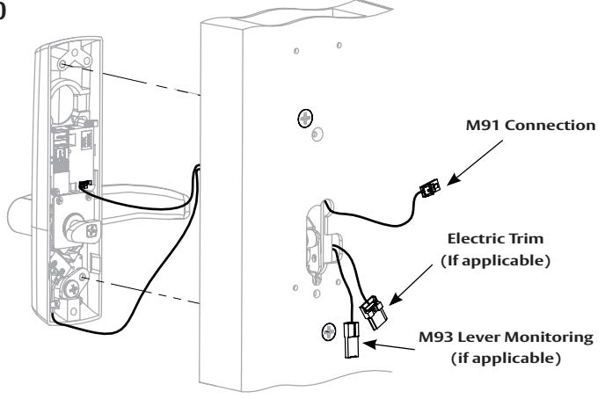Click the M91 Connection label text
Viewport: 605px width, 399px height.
pos(531,126)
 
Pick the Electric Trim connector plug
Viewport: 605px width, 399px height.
pos(373,311)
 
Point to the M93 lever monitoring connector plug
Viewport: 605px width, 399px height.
pos(352,339)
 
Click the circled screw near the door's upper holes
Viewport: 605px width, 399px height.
pos(305,118)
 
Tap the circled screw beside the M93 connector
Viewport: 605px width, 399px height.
pos(329,331)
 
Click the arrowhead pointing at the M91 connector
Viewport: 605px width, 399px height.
pos(452,181)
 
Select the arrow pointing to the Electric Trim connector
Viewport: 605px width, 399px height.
pos(411,285)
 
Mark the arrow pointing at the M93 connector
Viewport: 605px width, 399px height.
pos(389,345)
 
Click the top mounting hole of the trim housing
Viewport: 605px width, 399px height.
pos(62,64)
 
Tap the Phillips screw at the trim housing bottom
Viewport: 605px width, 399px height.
pos(73,289)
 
